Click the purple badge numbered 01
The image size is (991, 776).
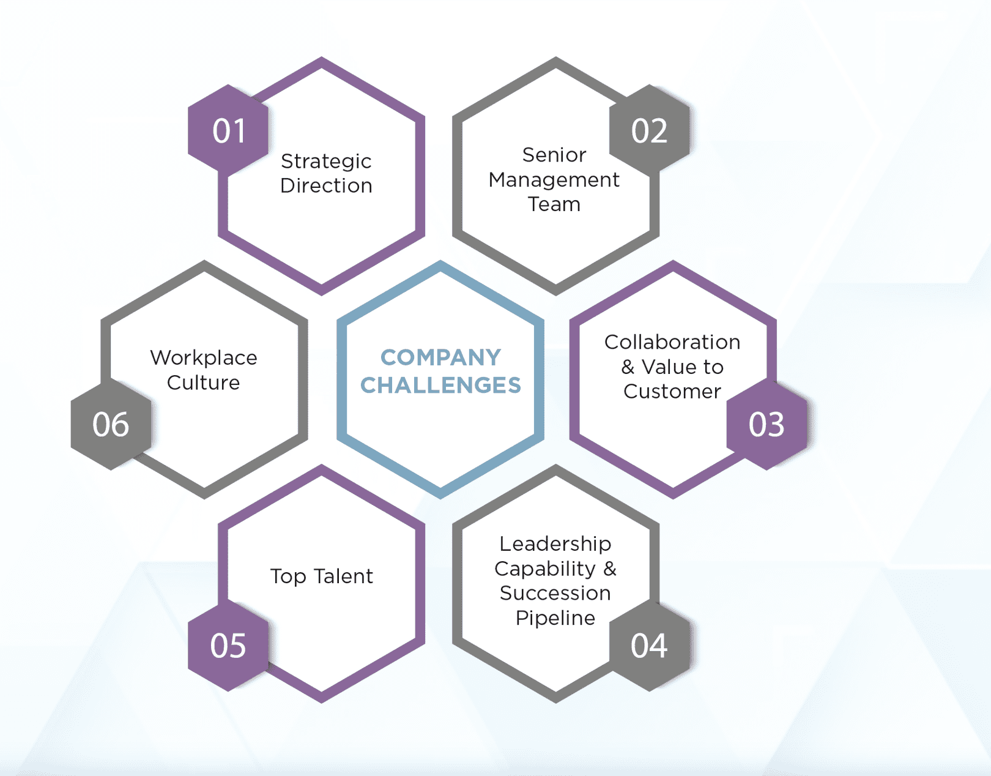(x=228, y=130)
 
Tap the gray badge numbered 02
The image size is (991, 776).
(x=650, y=130)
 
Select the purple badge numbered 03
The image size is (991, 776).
(x=766, y=424)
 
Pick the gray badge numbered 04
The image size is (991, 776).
(x=650, y=646)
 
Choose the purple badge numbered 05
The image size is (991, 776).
(x=228, y=646)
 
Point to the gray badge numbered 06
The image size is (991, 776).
(x=111, y=424)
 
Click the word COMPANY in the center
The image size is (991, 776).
(x=440, y=357)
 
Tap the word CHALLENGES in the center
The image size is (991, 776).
(x=440, y=385)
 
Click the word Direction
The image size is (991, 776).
(x=326, y=185)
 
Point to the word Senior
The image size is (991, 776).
(x=554, y=155)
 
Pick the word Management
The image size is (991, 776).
(x=554, y=181)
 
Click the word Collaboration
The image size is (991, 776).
(x=672, y=342)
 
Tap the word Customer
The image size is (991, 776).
(x=672, y=392)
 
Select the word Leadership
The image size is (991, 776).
(x=555, y=545)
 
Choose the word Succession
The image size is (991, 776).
(x=555, y=593)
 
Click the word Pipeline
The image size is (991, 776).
(x=555, y=619)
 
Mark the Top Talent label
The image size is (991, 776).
(x=322, y=576)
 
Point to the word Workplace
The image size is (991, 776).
(x=204, y=358)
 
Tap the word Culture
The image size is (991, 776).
(x=203, y=382)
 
